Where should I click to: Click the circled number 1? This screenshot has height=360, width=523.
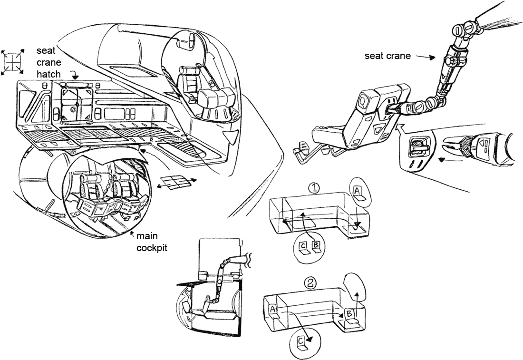click(x=313, y=188)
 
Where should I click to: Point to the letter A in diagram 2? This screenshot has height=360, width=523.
click(x=273, y=309)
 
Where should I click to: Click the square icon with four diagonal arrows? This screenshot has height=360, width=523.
click(x=12, y=61)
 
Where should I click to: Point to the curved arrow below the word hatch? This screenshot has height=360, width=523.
click(x=74, y=74)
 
